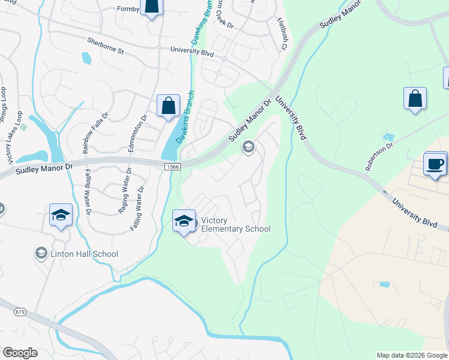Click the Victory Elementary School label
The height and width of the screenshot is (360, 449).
[x=235, y=224]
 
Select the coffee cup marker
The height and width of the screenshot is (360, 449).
[x=435, y=163]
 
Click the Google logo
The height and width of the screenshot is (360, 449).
[x=19, y=353]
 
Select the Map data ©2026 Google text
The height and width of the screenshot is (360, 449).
[x=412, y=355]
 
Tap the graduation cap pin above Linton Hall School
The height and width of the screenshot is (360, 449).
[x=61, y=215]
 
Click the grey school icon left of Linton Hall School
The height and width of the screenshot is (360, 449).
[x=41, y=253]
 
